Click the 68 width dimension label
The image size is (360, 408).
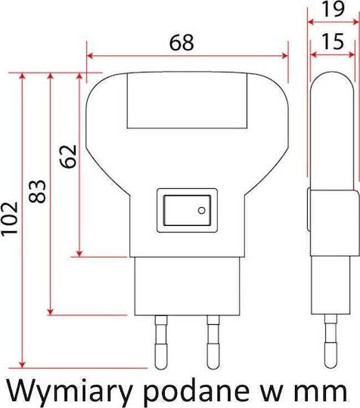182,42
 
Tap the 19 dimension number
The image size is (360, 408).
334,9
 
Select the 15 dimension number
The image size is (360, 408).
333,42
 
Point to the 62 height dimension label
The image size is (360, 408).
68,156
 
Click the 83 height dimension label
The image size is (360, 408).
37,191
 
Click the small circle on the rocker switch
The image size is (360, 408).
202,210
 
